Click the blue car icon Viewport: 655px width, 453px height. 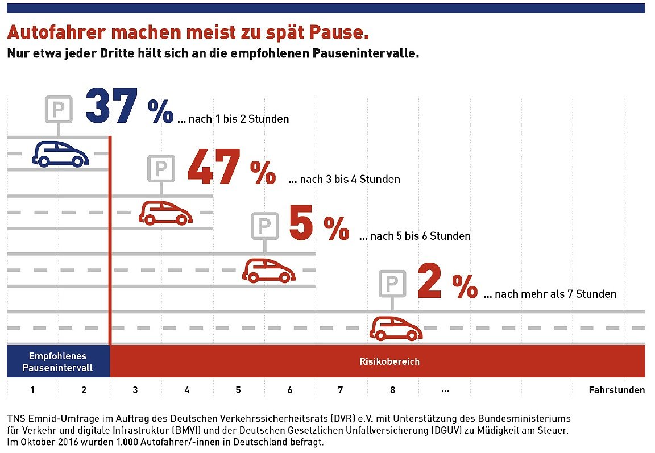[x=60, y=153]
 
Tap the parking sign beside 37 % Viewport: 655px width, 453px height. [x=59, y=109]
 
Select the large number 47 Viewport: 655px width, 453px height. [x=213, y=167]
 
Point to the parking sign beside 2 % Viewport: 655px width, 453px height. [x=392, y=284]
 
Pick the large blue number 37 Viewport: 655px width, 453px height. [x=112, y=106]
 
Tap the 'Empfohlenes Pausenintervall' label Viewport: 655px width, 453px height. [x=58, y=361]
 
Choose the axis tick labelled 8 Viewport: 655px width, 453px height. [x=393, y=390]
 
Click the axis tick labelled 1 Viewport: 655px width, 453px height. [x=33, y=390]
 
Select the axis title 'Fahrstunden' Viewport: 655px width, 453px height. [x=616, y=390]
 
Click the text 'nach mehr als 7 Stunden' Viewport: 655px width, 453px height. [x=555, y=294]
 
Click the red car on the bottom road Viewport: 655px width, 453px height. [x=396, y=329]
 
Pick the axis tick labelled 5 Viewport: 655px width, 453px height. [x=238, y=390]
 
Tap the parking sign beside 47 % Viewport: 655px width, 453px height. [x=161, y=168]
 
